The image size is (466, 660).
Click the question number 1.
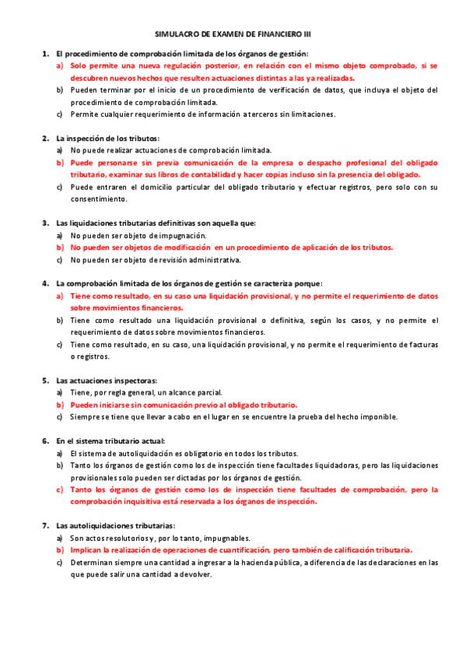click(44, 54)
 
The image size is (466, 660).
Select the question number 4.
click(44, 283)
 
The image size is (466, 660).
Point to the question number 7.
click(44, 525)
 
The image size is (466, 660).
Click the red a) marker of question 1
click(60, 66)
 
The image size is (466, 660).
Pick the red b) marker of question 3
click(60, 247)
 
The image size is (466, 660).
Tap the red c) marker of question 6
click(60, 490)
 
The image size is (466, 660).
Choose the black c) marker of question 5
click(60, 416)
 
